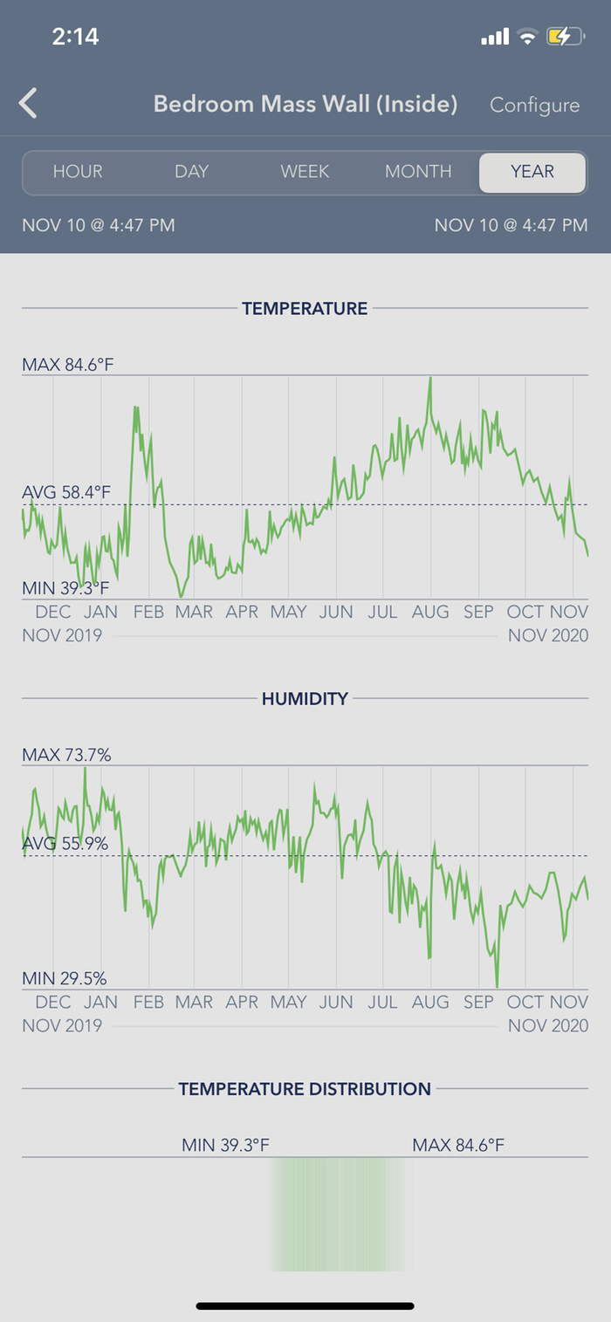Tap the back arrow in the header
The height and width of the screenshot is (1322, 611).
[x=29, y=104]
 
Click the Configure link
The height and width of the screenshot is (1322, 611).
[x=534, y=105]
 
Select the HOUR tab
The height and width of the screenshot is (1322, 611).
[x=78, y=171]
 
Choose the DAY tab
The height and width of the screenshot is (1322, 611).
[x=191, y=171]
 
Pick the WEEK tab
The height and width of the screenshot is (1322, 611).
[x=305, y=171]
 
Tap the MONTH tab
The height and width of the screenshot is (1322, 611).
[x=418, y=171]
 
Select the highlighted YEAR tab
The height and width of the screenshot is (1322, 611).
[x=532, y=171]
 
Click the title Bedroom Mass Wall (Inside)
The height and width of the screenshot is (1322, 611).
[x=305, y=104]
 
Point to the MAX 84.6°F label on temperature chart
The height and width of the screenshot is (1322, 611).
[x=68, y=364]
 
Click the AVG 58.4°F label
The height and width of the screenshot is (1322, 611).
[x=66, y=493]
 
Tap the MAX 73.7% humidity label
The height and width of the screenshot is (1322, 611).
[x=66, y=755]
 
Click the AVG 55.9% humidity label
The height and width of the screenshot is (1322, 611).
[x=65, y=844]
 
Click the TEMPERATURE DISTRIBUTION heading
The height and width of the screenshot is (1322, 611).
[x=305, y=1089]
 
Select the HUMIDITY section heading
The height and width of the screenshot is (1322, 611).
[x=305, y=698]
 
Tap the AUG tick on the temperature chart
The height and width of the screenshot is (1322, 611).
[x=429, y=612]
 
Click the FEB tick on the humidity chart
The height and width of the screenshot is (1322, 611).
[x=148, y=1002]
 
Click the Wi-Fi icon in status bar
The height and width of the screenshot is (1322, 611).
[x=526, y=37]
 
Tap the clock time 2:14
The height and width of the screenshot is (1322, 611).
[x=75, y=36]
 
